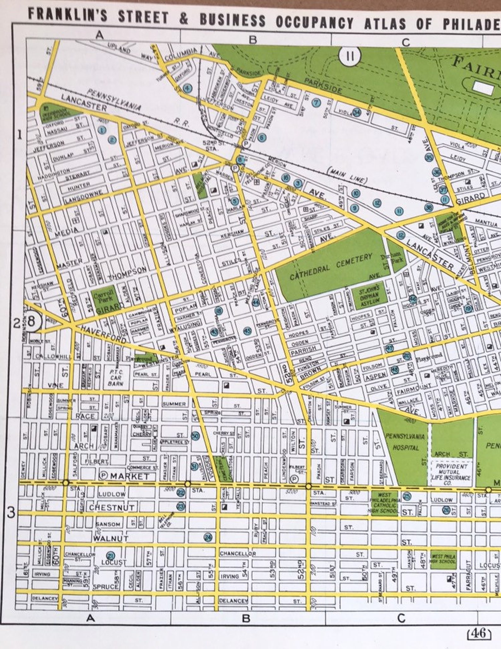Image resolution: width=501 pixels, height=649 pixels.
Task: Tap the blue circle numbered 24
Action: point(208,537)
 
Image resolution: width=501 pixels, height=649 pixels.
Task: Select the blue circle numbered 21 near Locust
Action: point(110,556)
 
